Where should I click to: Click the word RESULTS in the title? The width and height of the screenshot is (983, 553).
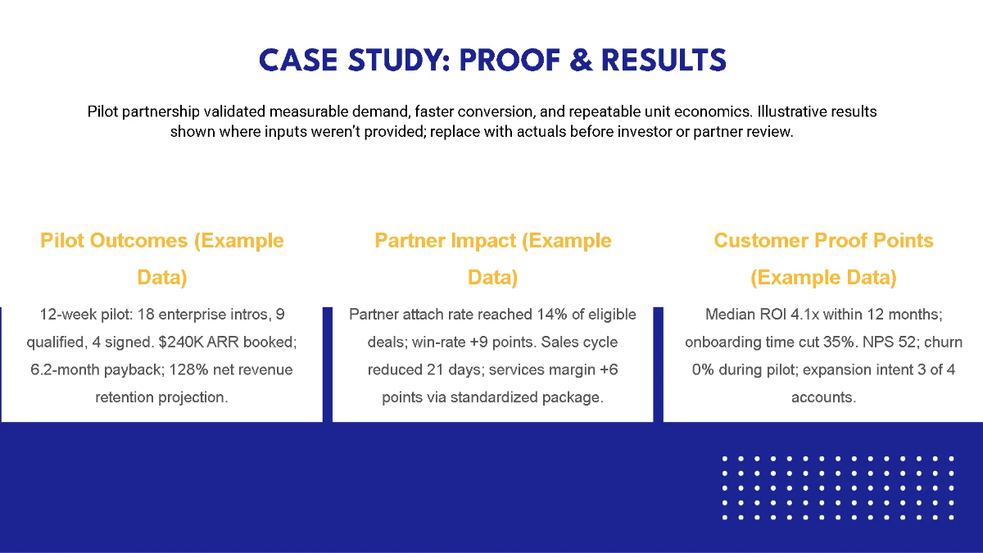click(664, 60)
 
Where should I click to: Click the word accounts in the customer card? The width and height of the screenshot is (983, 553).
click(823, 397)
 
